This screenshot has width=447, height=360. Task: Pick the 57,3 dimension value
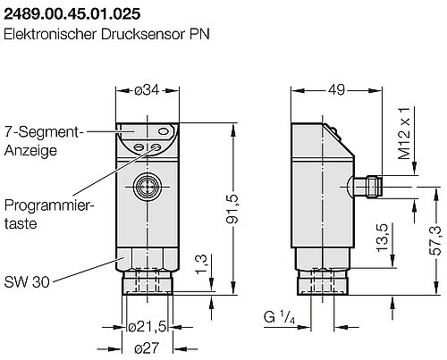pyautogui.click(x=435, y=234)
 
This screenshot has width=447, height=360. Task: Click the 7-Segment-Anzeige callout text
pyautogui.click(x=43, y=140)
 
